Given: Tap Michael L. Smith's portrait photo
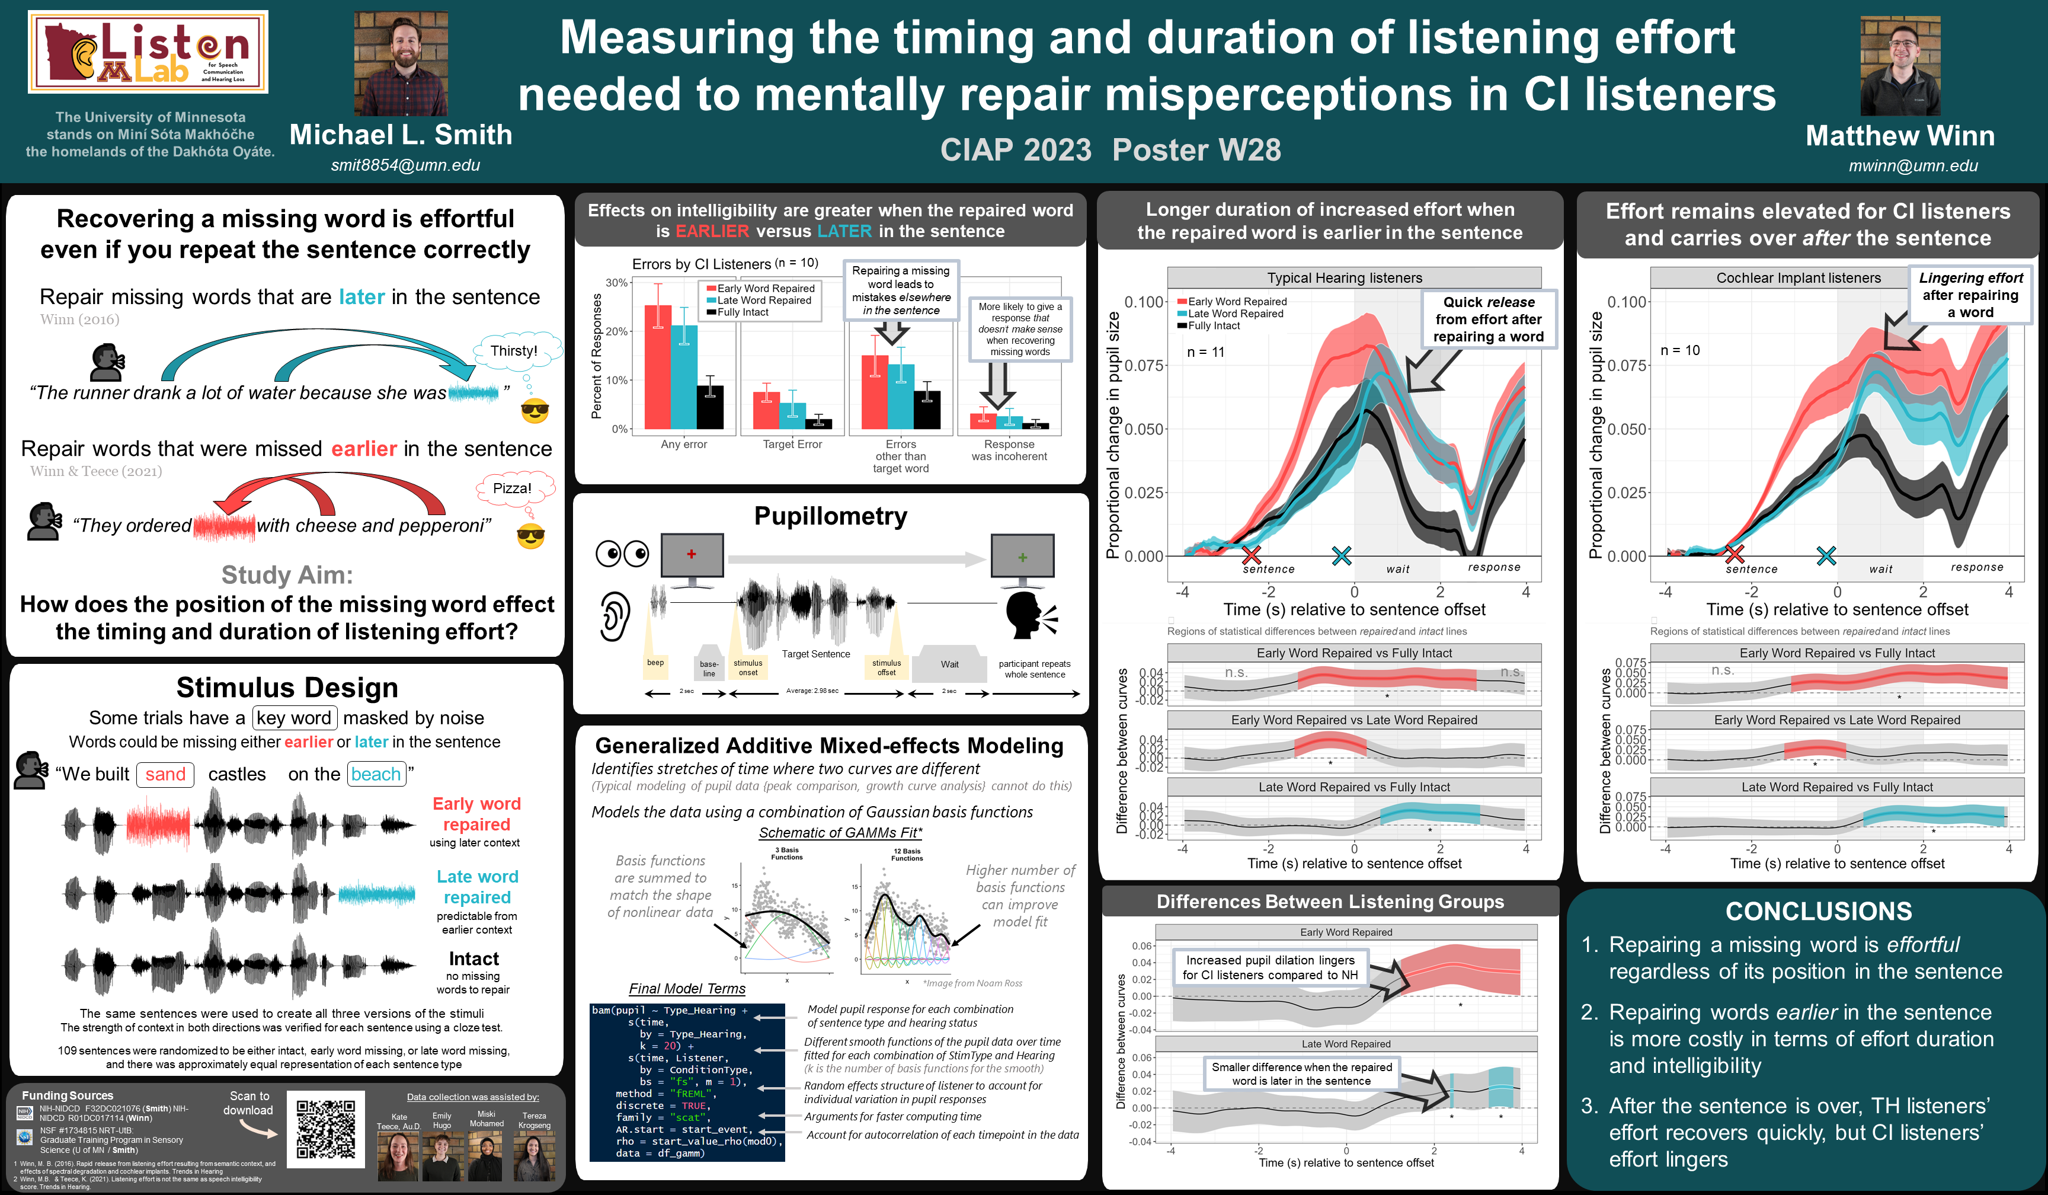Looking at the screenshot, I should click(x=400, y=63).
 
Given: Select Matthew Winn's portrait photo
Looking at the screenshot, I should click(x=1900, y=65).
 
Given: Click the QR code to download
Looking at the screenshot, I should click(x=325, y=1129).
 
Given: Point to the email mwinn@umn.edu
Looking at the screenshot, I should click(x=1913, y=166).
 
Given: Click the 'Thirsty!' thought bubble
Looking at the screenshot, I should click(x=514, y=350).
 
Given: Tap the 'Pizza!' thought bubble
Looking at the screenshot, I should click(x=512, y=488).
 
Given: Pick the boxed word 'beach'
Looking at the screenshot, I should click(x=376, y=774).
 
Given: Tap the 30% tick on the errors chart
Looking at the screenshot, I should click(x=617, y=283).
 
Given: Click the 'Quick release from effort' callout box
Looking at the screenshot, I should click(x=1488, y=319).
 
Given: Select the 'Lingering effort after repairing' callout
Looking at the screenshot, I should click(x=1970, y=294).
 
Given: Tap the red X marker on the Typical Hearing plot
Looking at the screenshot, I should click(x=1252, y=555).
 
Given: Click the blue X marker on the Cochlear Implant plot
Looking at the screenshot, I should click(x=1826, y=555).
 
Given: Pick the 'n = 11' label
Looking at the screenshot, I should click(x=1205, y=352).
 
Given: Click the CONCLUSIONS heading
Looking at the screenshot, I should click(x=1819, y=911).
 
